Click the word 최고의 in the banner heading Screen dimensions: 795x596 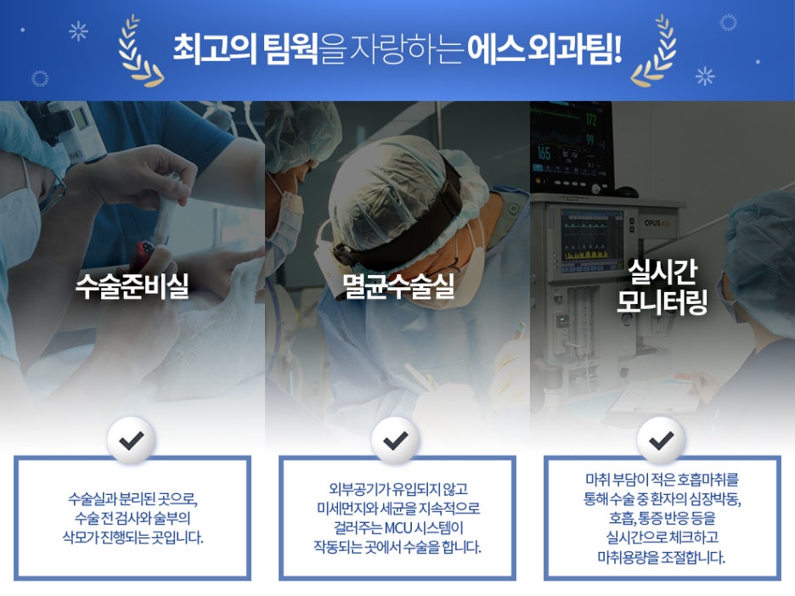(215, 49)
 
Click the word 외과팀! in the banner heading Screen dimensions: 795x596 (574, 49)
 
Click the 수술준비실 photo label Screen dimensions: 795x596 (132, 286)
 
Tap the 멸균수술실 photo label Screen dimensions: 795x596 (398, 286)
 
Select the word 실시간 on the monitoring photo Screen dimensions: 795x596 (662, 273)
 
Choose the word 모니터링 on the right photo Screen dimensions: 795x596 (662, 301)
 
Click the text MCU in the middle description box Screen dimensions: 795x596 (398, 528)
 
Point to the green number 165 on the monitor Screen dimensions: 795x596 (544, 153)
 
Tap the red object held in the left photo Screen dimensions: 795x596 (143, 253)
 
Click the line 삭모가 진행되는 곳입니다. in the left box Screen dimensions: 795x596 (132, 537)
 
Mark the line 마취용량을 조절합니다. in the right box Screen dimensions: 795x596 (662, 558)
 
